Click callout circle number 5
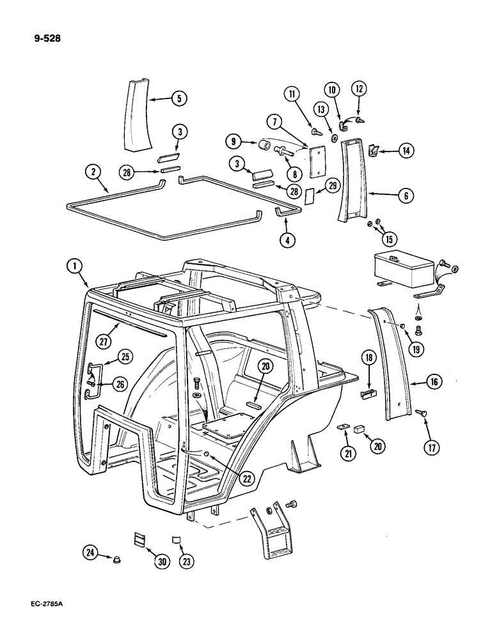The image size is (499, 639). click(x=178, y=98)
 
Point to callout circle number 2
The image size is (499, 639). click(x=94, y=171)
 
